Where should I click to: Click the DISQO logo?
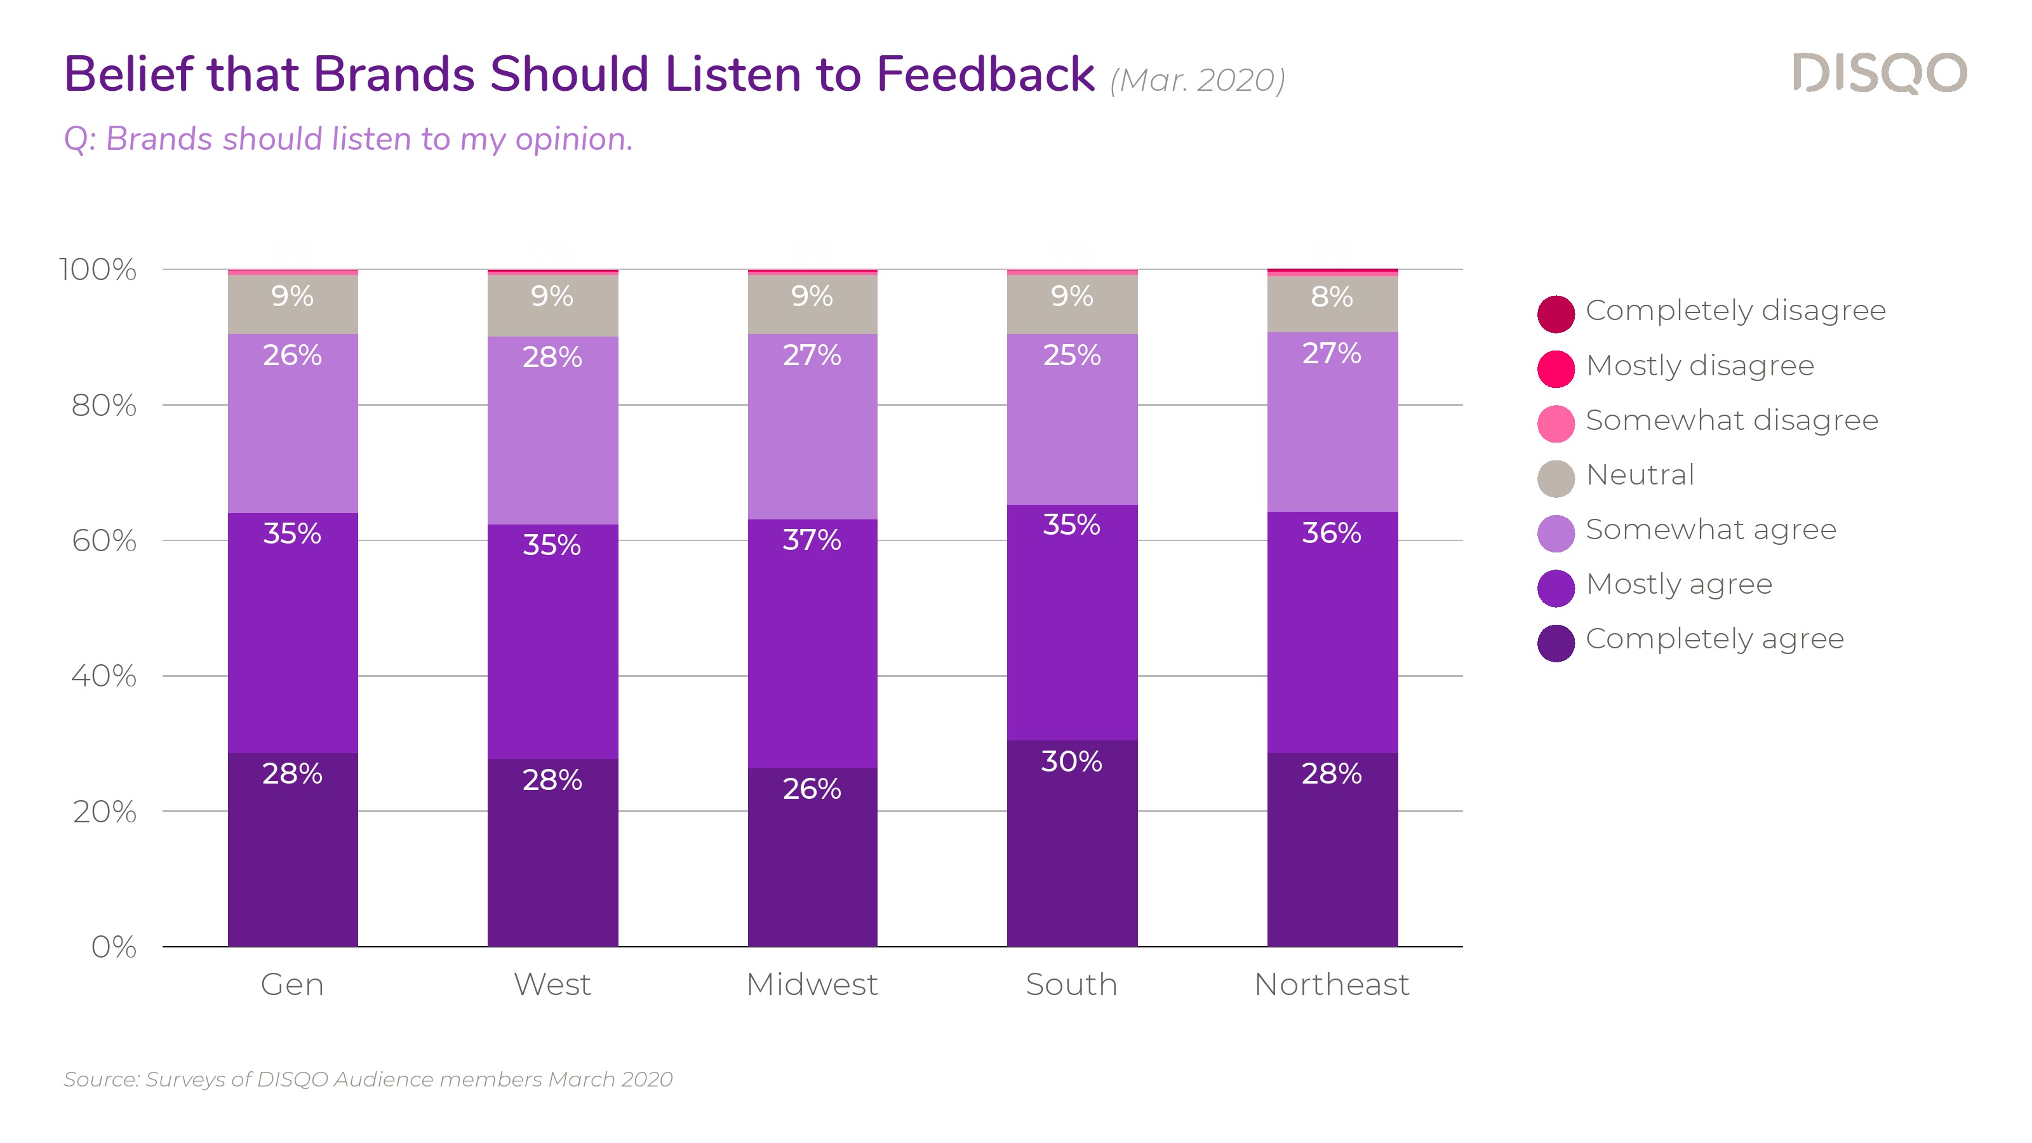(1879, 74)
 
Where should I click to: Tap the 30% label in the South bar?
(1071, 761)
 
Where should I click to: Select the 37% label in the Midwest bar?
(812, 540)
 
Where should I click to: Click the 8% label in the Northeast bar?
(1332, 297)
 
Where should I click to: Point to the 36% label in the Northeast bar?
(1332, 533)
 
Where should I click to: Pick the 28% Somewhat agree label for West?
(552, 358)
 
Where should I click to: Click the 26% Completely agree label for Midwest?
(812, 788)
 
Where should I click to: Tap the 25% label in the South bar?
(1071, 355)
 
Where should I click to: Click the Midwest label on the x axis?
(812, 984)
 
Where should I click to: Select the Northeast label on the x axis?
(1332, 984)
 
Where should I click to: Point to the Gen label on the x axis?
(292, 984)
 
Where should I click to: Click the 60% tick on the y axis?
(104, 541)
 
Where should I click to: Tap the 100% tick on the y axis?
(98, 270)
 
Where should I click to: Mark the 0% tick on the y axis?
(114, 947)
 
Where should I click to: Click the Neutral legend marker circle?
(1556, 478)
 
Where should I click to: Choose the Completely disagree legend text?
(1735, 311)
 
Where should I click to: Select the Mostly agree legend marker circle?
(1556, 587)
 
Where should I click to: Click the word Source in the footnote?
(101, 1079)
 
